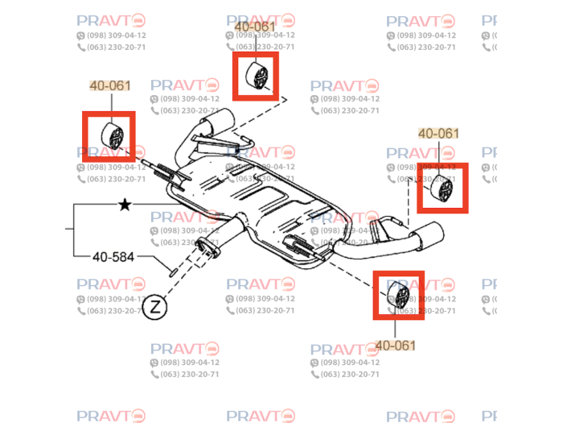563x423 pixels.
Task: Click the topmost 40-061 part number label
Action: coord(255,27)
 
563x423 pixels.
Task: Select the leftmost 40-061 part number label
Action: coord(109,85)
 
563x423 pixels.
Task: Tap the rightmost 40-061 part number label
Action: coord(439,134)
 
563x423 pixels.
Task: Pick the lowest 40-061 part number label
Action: coord(397,346)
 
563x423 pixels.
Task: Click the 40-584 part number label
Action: coord(113,257)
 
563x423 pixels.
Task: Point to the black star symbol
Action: coord(125,205)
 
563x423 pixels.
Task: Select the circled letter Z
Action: coord(155,306)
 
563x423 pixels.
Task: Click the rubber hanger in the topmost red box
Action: coord(257,76)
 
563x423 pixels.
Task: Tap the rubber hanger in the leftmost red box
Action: coord(111,135)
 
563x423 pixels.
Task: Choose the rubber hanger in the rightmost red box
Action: coord(442,187)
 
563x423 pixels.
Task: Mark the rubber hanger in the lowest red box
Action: coord(397,296)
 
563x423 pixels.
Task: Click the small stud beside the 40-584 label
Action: coord(172,267)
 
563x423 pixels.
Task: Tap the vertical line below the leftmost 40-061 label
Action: coord(109,102)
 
